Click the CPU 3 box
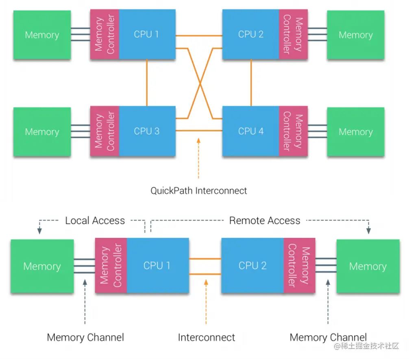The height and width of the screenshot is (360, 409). (147, 131)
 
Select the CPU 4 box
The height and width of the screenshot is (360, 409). (251, 131)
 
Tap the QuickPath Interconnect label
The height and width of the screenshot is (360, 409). (199, 190)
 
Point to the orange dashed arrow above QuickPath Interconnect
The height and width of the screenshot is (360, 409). (198, 159)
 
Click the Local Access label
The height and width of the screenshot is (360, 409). (95, 220)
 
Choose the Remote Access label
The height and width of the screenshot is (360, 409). (265, 220)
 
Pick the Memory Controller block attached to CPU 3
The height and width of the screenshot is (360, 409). (104, 131)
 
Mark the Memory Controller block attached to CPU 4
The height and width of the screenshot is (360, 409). (293, 131)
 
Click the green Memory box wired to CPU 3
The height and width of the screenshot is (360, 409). (42, 131)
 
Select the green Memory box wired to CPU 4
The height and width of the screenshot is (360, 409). (356, 131)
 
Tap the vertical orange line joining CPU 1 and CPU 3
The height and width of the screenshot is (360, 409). (147, 83)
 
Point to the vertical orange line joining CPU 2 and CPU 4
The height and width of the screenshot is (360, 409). (251, 83)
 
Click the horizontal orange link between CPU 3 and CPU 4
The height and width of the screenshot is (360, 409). (199, 131)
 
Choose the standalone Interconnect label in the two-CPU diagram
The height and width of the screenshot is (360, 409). (207, 337)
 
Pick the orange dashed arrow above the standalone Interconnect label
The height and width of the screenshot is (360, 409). (207, 301)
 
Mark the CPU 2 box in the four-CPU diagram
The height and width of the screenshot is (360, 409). (251, 35)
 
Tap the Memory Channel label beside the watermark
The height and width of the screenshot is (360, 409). (328, 337)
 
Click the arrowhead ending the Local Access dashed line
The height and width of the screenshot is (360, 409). (39, 231)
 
